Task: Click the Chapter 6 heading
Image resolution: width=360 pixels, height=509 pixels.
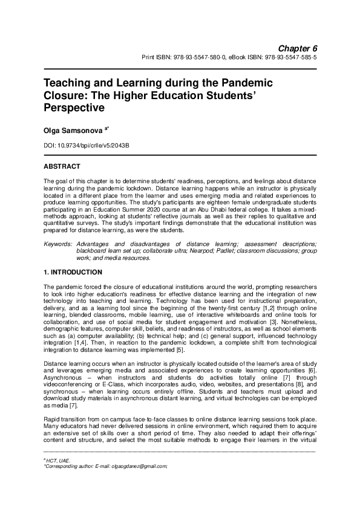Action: (x=298, y=48)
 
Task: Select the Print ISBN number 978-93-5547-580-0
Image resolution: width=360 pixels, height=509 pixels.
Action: (x=192, y=58)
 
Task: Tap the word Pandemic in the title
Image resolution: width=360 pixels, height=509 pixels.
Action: (x=241, y=83)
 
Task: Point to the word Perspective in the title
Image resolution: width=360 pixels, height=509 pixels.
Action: (x=74, y=108)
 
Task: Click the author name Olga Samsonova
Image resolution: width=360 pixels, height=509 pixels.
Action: (x=71, y=130)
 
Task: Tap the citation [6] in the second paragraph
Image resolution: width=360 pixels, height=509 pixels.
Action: (x=310, y=371)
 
